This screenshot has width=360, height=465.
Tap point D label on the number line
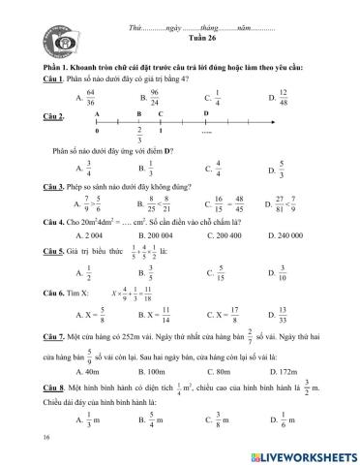206,113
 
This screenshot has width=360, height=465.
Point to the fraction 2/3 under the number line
140,136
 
